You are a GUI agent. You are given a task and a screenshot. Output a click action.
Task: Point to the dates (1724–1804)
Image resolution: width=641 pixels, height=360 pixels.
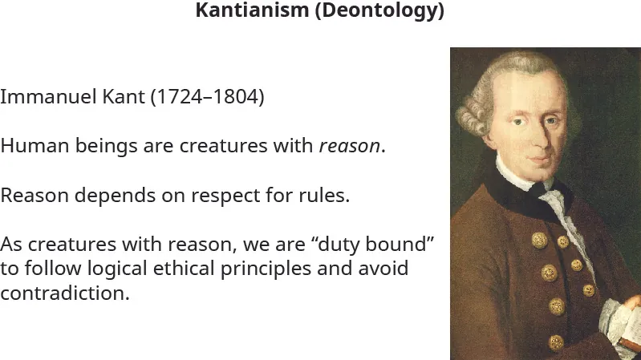click(x=207, y=98)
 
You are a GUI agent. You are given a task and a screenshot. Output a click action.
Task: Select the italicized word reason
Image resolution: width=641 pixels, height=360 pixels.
click(x=349, y=148)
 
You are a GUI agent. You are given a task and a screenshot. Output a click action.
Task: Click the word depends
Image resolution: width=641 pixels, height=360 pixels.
click(x=97, y=196)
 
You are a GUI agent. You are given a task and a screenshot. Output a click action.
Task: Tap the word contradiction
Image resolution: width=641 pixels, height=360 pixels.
click(x=64, y=293)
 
